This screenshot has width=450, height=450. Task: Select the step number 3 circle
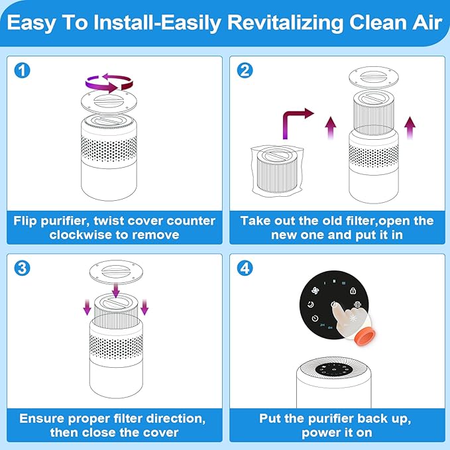coord(23,269)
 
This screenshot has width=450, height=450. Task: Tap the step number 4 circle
coord(245,269)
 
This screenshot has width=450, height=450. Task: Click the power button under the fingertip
coord(334,306)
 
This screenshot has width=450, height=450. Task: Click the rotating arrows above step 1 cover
coord(109,82)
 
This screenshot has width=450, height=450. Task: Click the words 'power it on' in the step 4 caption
coord(338,433)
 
